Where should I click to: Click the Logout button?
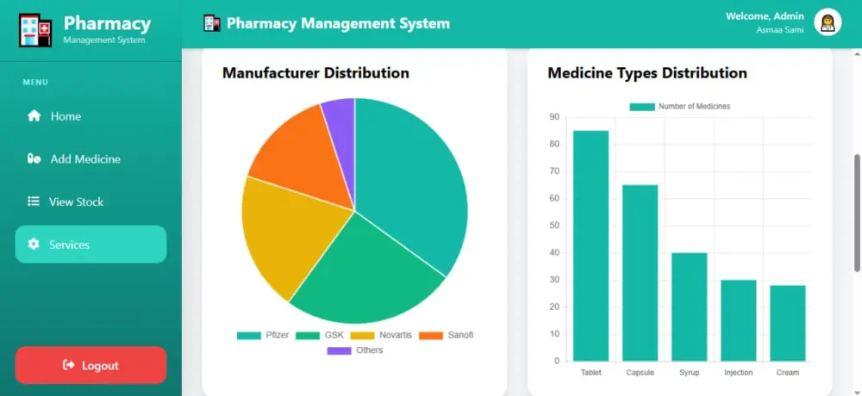tap(91, 365)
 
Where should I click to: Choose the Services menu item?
tap(91, 244)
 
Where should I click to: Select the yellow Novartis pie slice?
tap(286, 236)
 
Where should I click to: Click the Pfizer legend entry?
tap(263, 335)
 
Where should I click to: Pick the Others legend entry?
tap(354, 350)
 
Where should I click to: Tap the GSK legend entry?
tap(320, 335)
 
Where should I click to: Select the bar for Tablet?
tap(591, 245)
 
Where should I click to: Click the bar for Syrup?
tap(690, 306)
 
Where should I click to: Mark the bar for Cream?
tap(788, 323)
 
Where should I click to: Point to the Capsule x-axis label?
tap(640, 373)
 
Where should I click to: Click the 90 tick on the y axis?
tap(554, 117)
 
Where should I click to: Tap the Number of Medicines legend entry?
tap(680, 107)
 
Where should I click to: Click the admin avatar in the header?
tap(828, 22)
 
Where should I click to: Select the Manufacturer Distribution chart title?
tap(315, 72)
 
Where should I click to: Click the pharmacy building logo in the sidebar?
tap(35, 30)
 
